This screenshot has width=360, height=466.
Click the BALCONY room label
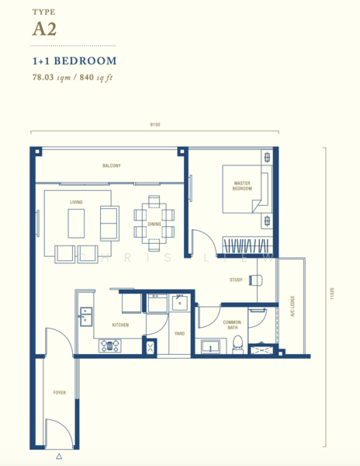coord(112,165)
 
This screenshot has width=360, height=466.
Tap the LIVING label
coord(76,202)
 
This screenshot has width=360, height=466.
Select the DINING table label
coord(154,224)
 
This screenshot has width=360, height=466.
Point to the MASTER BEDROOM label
coord(242,186)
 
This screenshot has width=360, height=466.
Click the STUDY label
coord(236,280)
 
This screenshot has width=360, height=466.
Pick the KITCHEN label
coord(120,325)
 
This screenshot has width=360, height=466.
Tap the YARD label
coord(179,333)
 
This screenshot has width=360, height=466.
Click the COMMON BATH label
coord(232,325)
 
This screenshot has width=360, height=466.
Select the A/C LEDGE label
coord(292,306)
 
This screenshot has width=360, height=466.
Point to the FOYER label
coord(60,392)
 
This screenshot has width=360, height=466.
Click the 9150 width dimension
coord(155,124)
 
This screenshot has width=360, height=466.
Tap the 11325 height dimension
coord(332,293)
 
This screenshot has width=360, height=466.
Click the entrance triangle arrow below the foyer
coord(59,456)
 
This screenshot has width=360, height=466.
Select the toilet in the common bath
coord(237,345)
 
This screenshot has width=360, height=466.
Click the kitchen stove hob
coord(110,346)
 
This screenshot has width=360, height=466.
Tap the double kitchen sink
coord(86,317)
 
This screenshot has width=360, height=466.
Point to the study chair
coord(256,280)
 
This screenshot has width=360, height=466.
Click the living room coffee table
coord(76,224)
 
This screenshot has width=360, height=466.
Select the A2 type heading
coord(44,30)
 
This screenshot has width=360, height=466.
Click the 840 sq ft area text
coord(96,78)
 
